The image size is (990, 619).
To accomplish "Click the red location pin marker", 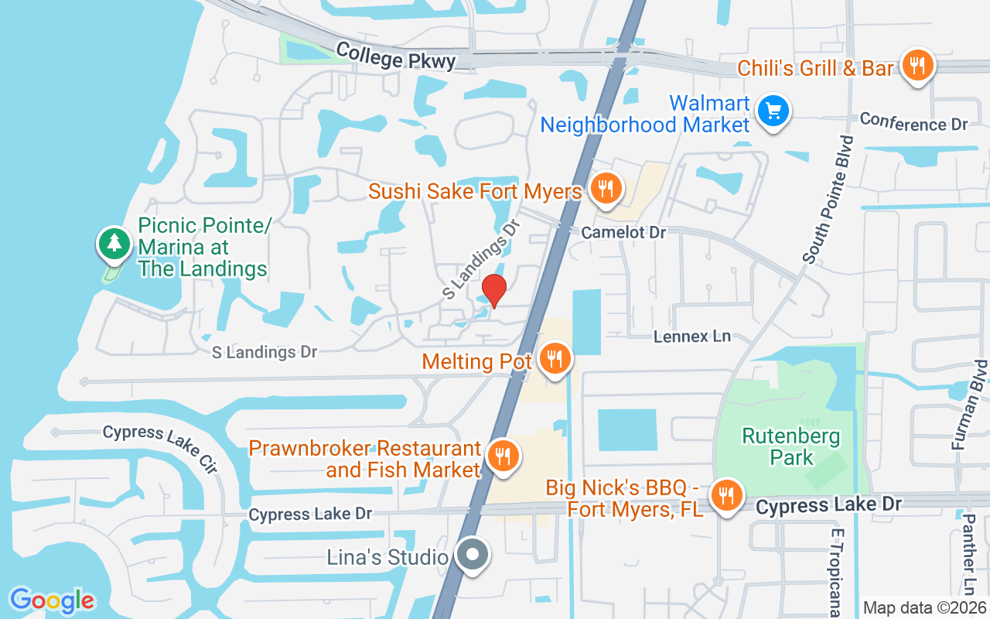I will pyautogui.click(x=493, y=290).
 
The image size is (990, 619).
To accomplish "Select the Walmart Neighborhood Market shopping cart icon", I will pyautogui.click(x=773, y=111).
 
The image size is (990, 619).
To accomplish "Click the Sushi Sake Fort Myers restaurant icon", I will pyautogui.click(x=606, y=188).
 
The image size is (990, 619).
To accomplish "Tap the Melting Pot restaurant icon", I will pyautogui.click(x=554, y=358).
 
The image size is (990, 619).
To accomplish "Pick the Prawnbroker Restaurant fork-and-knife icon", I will pyautogui.click(x=503, y=456).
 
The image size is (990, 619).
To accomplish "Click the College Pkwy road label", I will pyautogui.click(x=396, y=57).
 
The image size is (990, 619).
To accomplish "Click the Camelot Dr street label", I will pyautogui.click(x=623, y=232).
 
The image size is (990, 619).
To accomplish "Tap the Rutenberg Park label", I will pyautogui.click(x=790, y=446).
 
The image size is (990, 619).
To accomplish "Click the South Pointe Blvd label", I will pyautogui.click(x=827, y=200).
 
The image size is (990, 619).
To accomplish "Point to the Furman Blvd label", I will pyautogui.click(x=969, y=415).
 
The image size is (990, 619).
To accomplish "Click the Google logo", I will pyautogui.click(x=52, y=600).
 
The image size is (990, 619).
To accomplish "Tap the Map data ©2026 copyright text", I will pyautogui.click(x=924, y=607).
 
